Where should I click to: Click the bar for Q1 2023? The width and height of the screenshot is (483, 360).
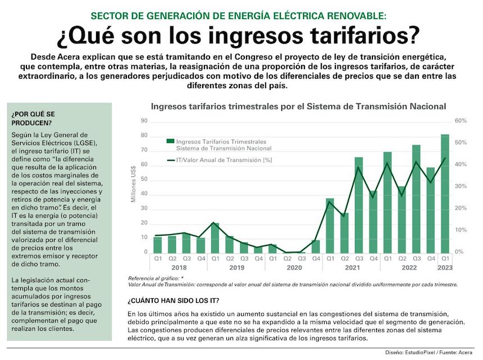coord(445,194)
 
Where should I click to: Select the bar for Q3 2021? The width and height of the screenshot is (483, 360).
coord(358,205)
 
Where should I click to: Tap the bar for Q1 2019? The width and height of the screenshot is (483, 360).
coord(215,238)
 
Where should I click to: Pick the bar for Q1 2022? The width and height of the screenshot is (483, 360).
coord(388,202)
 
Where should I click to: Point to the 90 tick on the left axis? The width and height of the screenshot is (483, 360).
coord(144,121)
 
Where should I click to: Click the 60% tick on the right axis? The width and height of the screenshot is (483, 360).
coord(461,121)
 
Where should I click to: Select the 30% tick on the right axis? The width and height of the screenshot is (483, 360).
coord(461,186)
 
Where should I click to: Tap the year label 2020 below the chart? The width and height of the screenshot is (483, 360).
coord(294,268)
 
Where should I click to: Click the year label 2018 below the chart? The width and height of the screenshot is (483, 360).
coord(179,268)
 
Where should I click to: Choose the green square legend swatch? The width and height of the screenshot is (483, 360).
coord(170,141)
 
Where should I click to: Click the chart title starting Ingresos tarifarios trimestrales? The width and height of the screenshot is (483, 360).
coord(298,106)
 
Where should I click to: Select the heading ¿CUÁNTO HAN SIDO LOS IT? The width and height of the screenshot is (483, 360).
coord(174,300)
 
